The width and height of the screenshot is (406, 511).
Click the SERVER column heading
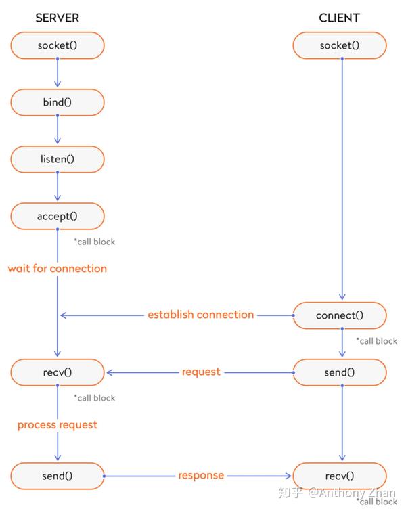(x=58, y=18)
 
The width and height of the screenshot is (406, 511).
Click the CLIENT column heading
(x=340, y=18)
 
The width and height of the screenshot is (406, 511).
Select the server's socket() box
(x=58, y=45)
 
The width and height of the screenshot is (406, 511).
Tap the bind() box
(x=58, y=102)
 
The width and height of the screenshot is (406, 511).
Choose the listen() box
(x=58, y=159)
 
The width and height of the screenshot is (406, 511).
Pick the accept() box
(x=58, y=216)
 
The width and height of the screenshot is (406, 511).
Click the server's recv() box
(x=58, y=372)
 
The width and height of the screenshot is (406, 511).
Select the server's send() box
(x=58, y=475)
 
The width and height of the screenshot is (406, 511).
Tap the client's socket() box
(x=340, y=45)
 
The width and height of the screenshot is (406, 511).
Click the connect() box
(x=340, y=315)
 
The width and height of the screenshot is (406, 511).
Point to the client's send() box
(x=340, y=372)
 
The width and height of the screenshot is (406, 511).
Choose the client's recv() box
(x=340, y=475)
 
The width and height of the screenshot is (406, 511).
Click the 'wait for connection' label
(x=58, y=268)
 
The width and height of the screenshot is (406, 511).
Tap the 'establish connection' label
(x=201, y=314)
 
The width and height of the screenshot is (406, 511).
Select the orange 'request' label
(x=201, y=372)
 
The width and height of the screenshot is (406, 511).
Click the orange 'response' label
(x=201, y=475)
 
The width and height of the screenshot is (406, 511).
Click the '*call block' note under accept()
(x=95, y=242)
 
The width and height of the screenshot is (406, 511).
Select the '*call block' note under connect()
(x=377, y=341)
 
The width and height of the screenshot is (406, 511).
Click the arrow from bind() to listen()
(x=58, y=131)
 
